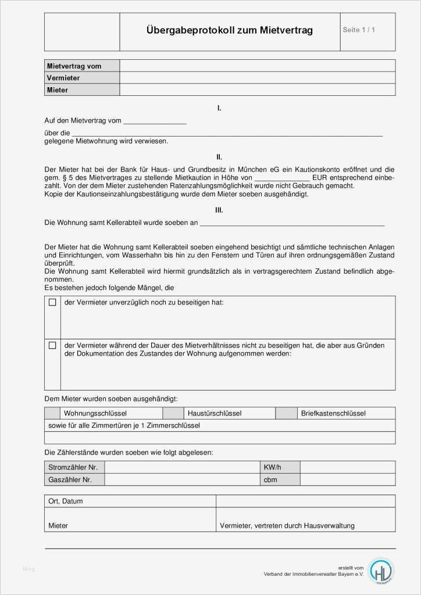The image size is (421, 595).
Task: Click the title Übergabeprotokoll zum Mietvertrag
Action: pos(230,30)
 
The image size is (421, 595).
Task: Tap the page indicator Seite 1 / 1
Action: pos(359,30)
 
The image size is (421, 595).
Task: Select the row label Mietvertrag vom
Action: pos(74,66)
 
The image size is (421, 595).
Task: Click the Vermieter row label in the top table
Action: pos(63,78)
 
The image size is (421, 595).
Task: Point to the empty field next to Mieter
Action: pos(258,90)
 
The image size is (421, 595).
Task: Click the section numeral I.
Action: pos(219,108)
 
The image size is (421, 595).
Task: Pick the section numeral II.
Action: pos(219,157)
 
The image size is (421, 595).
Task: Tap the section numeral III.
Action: pos(219,210)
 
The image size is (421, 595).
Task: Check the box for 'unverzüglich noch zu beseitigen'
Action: pos(52,303)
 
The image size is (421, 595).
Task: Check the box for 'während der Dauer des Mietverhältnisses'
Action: pos(52,345)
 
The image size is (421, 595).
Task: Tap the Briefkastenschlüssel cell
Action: pos(333,414)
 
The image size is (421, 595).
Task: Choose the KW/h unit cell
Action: pos(272,467)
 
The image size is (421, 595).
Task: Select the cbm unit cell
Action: pos(270,480)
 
